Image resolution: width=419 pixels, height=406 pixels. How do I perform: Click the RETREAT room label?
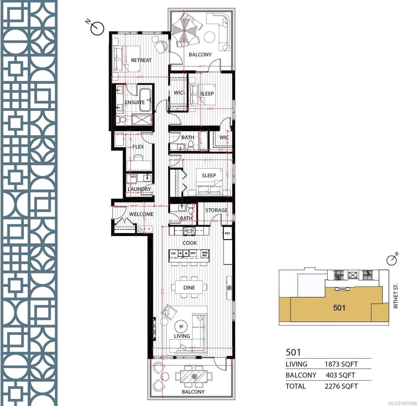coord(141,60)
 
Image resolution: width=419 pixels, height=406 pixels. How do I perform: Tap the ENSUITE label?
coord(135,102)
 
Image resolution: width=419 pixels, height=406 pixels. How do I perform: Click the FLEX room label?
coord(138,146)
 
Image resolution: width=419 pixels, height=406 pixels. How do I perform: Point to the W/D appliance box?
coord(132,177)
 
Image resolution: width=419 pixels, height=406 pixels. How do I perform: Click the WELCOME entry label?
coord(141,214)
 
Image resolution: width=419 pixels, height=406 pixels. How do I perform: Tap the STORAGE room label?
coord(216,210)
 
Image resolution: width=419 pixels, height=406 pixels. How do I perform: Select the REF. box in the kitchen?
coord(228,233)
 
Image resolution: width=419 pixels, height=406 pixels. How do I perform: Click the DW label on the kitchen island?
coord(173,253)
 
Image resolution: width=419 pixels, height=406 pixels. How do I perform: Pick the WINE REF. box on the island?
coord(204,253)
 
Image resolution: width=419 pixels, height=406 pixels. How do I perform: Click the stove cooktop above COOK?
coord(189,231)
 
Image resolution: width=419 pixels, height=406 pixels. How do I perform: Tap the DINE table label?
coord(189,288)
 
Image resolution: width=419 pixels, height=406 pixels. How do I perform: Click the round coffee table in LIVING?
coord(182,326)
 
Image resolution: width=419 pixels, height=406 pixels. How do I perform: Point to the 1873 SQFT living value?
coord(341,364)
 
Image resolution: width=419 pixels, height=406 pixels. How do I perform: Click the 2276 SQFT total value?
coord(341,386)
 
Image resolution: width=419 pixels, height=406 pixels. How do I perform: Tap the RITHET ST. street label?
coord(396,296)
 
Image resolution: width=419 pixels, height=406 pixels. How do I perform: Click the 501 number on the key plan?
coord(339,308)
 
